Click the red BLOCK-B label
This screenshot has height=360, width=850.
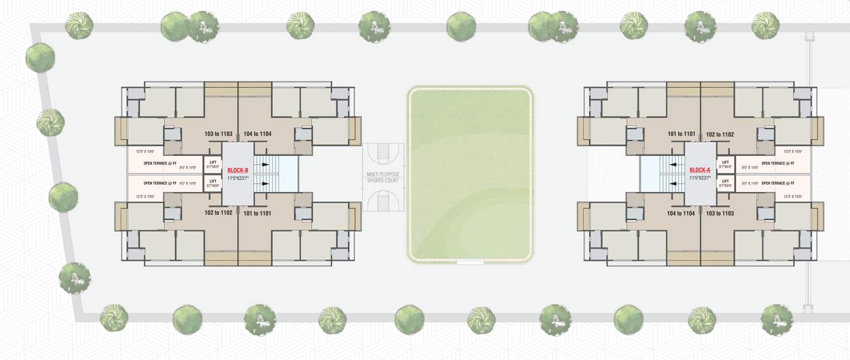pyautogui.click(x=237, y=170)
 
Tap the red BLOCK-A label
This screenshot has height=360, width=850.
pyautogui.click(x=699, y=170)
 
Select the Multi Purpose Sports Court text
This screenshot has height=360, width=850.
pyautogui.click(x=383, y=177)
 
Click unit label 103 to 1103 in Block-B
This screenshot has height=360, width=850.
pyautogui.click(x=219, y=134)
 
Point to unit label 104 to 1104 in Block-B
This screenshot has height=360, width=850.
pyautogui.click(x=257, y=134)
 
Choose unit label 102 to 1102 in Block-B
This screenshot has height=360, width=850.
pyautogui.click(x=218, y=213)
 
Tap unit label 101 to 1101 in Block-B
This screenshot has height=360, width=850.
pyautogui.click(x=257, y=213)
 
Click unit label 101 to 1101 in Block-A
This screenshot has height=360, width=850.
pyautogui.click(x=681, y=134)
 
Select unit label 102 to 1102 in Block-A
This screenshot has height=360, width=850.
pyautogui.click(x=720, y=134)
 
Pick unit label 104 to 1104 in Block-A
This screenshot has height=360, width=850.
pyautogui.click(x=681, y=213)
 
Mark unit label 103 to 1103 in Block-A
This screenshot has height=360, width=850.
pyautogui.click(x=720, y=213)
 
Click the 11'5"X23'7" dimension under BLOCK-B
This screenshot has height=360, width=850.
pyautogui.click(x=237, y=178)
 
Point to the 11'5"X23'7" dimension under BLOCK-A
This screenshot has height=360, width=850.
pyautogui.click(x=699, y=178)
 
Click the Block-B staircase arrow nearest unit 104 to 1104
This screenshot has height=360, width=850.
pyautogui.click(x=264, y=165)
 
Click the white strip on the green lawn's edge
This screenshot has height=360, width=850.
pyautogui.click(x=471, y=262)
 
